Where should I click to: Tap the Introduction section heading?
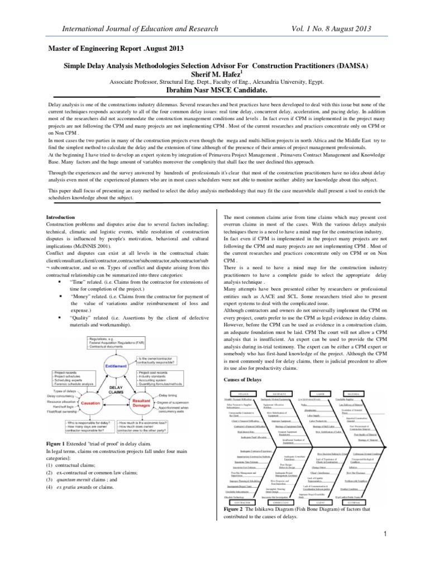point(61,217)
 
